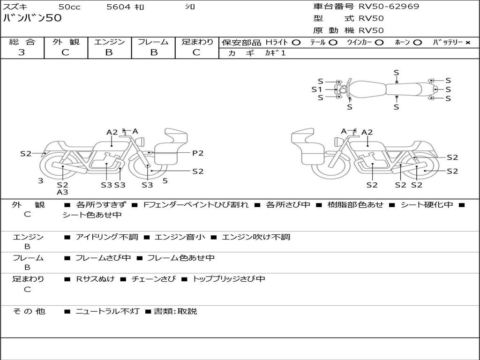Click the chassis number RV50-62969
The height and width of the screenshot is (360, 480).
pyautogui.click(x=389, y=7)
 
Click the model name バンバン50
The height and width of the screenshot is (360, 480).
pyautogui.click(x=32, y=19)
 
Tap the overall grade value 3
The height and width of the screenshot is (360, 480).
pyautogui.click(x=22, y=52)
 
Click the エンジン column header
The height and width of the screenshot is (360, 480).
pyautogui.click(x=109, y=42)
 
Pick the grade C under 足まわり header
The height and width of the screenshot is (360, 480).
pyautogui.click(x=196, y=52)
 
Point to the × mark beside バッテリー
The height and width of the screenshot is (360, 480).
pyautogui.click(x=467, y=43)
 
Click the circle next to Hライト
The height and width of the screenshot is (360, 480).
pyautogui.click(x=296, y=43)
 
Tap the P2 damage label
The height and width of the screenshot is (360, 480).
pyautogui.click(x=198, y=153)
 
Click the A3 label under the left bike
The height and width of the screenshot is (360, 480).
pyautogui.click(x=62, y=192)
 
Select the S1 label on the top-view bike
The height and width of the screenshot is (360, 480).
pyautogui.click(x=317, y=89)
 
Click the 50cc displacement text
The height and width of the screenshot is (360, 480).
pyautogui.click(x=69, y=7)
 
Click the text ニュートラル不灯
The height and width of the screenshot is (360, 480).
pyautogui.click(x=107, y=312)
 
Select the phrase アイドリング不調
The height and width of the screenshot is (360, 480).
pyautogui.click(x=107, y=237)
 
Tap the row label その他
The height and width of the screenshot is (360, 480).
pyautogui.click(x=29, y=312)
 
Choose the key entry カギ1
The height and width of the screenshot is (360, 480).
pyautogui.click(x=275, y=53)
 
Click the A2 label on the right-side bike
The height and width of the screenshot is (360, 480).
pyautogui.click(x=367, y=132)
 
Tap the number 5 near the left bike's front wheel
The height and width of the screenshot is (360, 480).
pyautogui.click(x=165, y=180)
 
